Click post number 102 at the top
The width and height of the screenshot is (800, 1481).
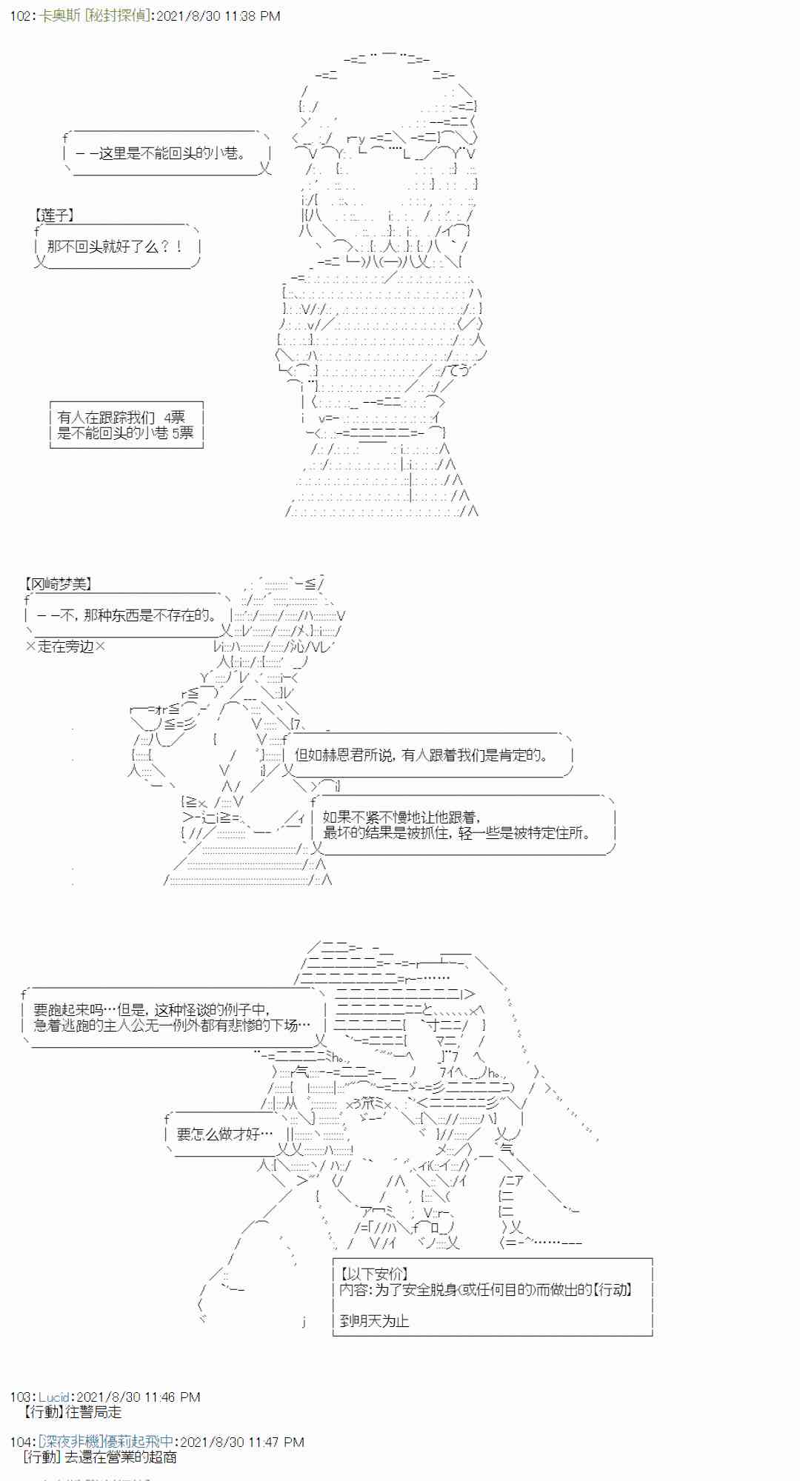(x=20, y=16)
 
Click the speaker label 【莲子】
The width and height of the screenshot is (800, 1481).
(x=54, y=215)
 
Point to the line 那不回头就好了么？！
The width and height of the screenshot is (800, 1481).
(x=115, y=247)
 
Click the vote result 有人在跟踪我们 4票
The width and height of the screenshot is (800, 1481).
(x=121, y=417)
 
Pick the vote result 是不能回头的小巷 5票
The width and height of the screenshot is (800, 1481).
(x=125, y=433)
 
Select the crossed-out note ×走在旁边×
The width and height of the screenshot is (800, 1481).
(x=65, y=646)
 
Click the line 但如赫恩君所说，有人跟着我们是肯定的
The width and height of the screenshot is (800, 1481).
(x=421, y=755)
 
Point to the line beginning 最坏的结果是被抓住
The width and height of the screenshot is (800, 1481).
(x=458, y=832)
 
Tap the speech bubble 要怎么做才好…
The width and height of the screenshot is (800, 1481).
(x=224, y=1134)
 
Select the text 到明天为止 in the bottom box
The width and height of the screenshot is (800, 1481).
(x=374, y=1321)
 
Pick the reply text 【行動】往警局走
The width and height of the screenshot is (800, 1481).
(x=73, y=1412)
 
